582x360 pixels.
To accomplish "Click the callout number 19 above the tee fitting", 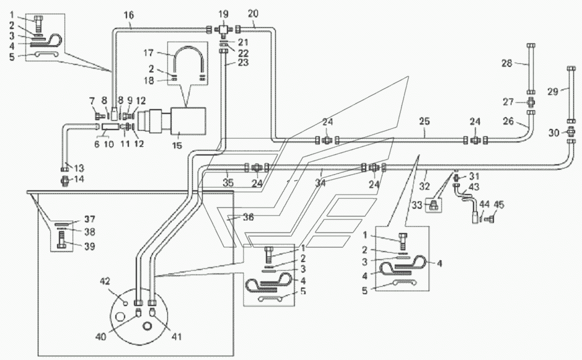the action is [223, 14].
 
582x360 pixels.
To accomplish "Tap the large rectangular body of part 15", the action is [188, 121].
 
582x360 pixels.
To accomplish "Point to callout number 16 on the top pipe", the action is [129, 15].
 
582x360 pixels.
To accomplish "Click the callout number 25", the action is [425, 121].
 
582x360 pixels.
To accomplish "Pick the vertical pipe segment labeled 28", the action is [531, 69].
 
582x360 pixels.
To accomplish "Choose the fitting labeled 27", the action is [531, 102].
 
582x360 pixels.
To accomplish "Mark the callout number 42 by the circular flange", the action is [105, 281].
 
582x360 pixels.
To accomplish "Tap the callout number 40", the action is [101, 336].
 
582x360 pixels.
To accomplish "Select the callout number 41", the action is [177, 336].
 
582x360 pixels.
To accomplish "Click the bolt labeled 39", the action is [61, 240].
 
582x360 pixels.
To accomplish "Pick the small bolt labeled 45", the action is [490, 219].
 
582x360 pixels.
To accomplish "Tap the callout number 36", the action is [249, 217].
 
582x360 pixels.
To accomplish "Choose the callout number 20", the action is [253, 14].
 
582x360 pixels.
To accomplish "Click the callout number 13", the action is [79, 168].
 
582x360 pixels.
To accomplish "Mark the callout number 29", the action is [553, 91].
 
